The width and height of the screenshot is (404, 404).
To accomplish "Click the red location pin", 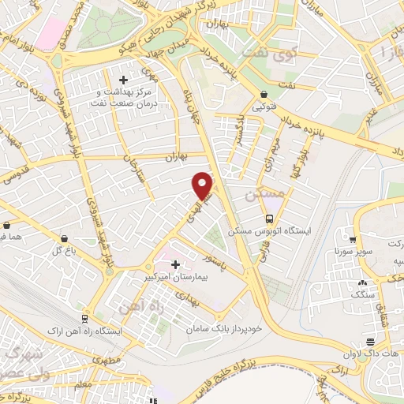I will (x=204, y=185).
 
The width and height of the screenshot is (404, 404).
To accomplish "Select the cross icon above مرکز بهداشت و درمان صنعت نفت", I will (x=123, y=79).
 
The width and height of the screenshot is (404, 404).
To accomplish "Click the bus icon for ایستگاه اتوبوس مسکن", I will (x=270, y=219).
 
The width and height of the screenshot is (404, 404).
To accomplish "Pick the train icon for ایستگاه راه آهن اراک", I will (x=81, y=318).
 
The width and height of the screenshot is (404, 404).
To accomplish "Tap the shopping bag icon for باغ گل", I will (x=63, y=238).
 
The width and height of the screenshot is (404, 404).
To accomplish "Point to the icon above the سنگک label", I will (x=362, y=282).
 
